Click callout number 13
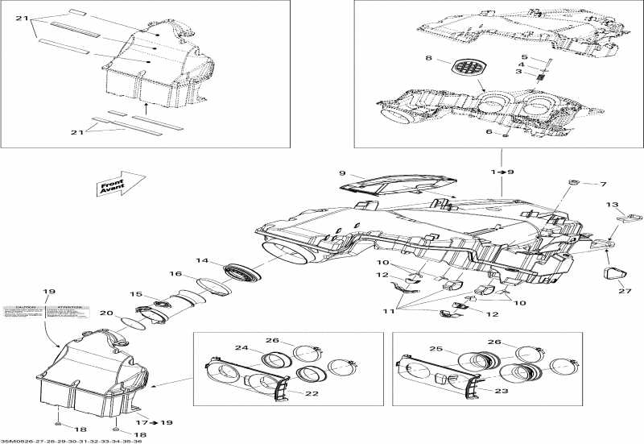tap(612, 205)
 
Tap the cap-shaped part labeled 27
tap(616, 273)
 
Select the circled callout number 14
tap(202, 261)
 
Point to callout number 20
tap(105, 313)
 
